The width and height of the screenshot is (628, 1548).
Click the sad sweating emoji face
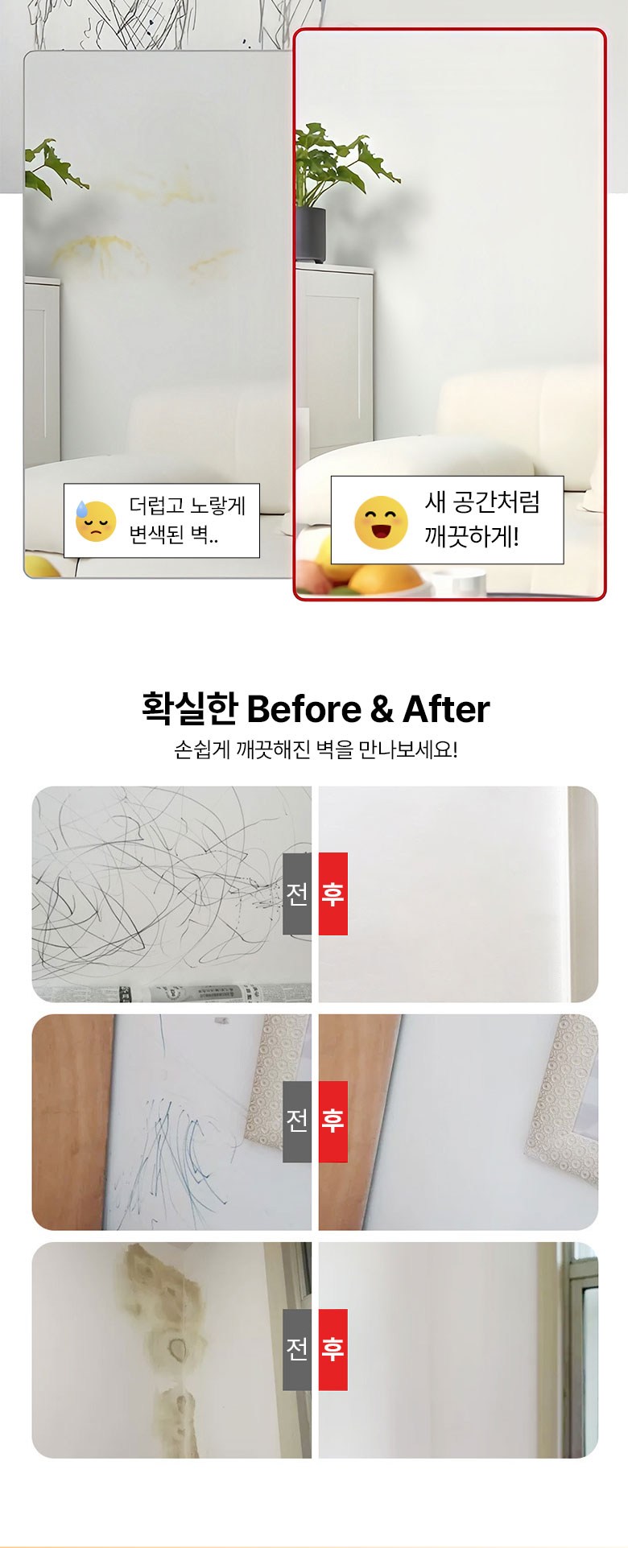coord(95,521)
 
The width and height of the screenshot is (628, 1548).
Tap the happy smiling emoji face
coord(381,522)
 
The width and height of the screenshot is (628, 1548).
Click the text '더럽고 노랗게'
coord(188,506)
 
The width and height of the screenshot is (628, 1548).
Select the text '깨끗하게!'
coord(472,536)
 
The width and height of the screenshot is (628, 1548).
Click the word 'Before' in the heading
coord(304,709)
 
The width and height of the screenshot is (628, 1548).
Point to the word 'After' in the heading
coord(445,709)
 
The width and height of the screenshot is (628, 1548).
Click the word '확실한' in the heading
coord(190,708)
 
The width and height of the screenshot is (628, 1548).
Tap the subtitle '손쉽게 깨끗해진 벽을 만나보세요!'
coord(316,750)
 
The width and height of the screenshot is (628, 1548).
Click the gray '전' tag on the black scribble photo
coord(297,894)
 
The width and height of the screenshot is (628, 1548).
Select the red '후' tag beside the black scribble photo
coord(333,894)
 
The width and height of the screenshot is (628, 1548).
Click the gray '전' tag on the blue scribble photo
coord(297,1121)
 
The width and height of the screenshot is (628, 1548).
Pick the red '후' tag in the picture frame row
coord(333,1121)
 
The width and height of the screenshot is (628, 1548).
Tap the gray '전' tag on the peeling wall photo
coord(297,1349)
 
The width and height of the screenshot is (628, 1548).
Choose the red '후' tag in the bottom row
coord(333,1349)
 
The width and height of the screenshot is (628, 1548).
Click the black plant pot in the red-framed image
coord(311,235)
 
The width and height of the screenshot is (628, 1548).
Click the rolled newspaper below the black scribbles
coord(171,993)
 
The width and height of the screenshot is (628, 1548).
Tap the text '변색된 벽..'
coord(174,535)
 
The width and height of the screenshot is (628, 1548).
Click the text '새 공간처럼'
coord(482,502)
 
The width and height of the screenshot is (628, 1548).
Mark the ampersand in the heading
coord(382,710)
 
